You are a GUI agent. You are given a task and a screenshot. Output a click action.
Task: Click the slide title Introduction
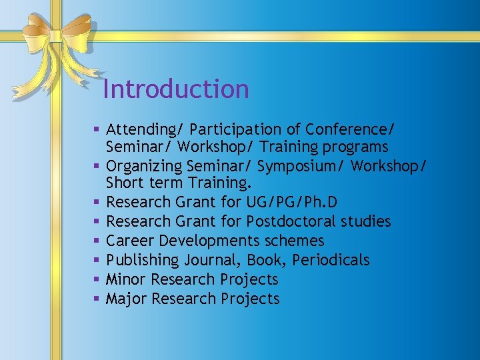(x=176, y=89)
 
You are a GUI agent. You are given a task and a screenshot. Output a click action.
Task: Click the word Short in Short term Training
(x=123, y=183)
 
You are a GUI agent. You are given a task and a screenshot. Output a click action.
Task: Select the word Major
(x=127, y=298)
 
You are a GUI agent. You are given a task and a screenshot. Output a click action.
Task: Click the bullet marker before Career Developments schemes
(x=97, y=241)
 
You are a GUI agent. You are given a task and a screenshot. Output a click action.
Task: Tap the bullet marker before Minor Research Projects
(x=97, y=279)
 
